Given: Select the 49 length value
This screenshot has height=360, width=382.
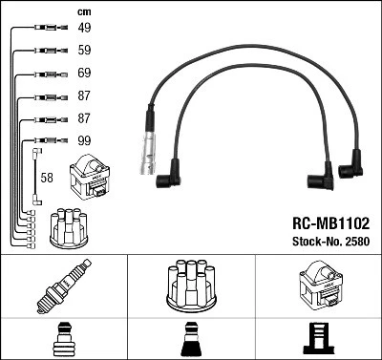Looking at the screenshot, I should [x=84, y=29].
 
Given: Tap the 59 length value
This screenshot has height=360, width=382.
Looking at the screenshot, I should [x=84, y=51].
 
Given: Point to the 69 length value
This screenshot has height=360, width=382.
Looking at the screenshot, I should [x=84, y=74].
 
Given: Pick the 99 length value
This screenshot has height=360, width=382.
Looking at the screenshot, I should [x=84, y=141].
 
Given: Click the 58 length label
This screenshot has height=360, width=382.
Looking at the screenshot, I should [x=47, y=178].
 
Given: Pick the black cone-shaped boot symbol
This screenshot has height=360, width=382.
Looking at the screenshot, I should [x=190, y=339].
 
